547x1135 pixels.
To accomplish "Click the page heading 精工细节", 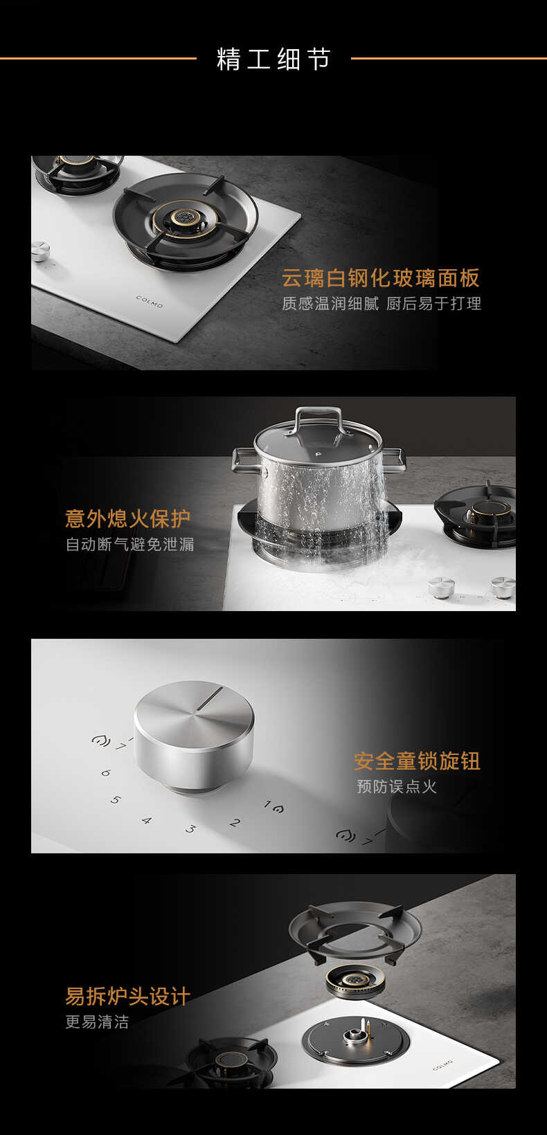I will pyautogui.click(x=273, y=60).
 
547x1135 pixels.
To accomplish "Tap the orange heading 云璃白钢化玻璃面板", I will pyautogui.click(x=380, y=278).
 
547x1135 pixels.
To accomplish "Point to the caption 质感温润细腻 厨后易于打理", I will pyautogui.click(x=381, y=304).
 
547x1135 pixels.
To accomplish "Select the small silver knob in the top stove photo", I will pyautogui.click(x=40, y=251).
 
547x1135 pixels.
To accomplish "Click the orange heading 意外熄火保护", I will pyautogui.click(x=127, y=518).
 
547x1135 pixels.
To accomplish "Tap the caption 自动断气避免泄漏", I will pyautogui.click(x=129, y=545).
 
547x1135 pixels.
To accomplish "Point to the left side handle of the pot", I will pyautogui.click(x=245, y=459).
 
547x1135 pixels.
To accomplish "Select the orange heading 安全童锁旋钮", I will pyautogui.click(x=417, y=761).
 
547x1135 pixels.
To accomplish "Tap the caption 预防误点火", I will pyautogui.click(x=397, y=787).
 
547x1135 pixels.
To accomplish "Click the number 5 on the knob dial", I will pyautogui.click(x=116, y=800).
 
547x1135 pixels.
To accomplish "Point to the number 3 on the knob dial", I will pyautogui.click(x=190, y=828).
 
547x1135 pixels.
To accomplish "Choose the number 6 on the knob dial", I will pyautogui.click(x=105, y=772).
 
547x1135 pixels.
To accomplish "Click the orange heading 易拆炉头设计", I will pyautogui.click(x=127, y=997).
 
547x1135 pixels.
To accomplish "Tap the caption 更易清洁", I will pyautogui.click(x=97, y=1022).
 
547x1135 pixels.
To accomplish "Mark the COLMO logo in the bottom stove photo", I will pyautogui.click(x=442, y=1064).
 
